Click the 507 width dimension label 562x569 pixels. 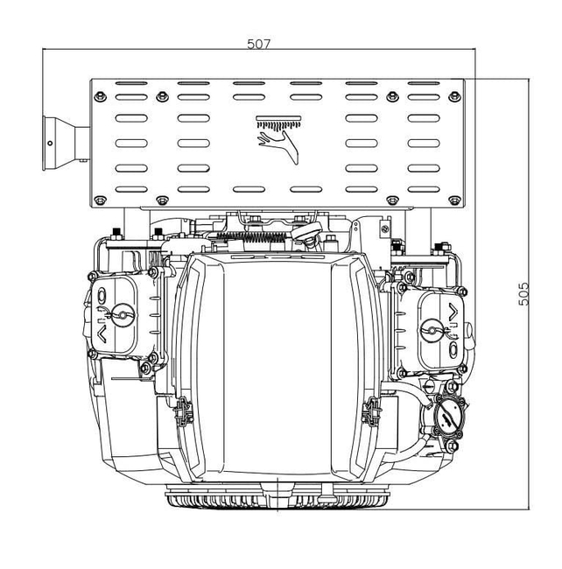[x=258, y=44]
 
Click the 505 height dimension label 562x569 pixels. [x=523, y=292]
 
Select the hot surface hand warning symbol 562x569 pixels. [x=278, y=139]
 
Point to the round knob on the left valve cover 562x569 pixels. [x=122, y=311]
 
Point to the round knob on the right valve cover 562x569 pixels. [x=431, y=329]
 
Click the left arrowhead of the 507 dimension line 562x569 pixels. [x=46, y=51]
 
